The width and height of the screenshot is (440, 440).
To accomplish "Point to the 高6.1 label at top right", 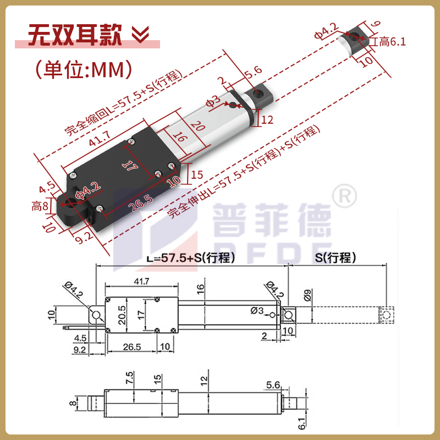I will [389, 42].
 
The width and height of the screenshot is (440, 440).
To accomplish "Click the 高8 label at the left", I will [40, 206].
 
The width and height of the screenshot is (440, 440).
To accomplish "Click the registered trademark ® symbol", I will [345, 194].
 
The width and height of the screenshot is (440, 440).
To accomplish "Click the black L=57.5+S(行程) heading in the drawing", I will [191, 258].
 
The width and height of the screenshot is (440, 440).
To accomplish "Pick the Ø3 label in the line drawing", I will [257, 311].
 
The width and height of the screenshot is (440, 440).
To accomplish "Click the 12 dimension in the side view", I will [204, 380].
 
